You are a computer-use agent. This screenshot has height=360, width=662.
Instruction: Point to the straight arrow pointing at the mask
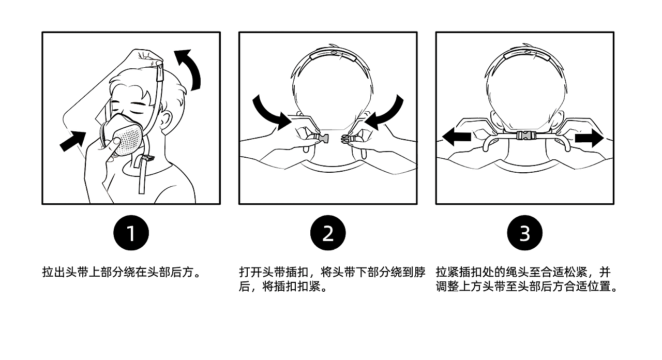pos(73,141)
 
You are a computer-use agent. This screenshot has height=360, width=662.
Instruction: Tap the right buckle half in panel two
pos(346,139)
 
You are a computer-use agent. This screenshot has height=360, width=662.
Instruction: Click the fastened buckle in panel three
pos(524,136)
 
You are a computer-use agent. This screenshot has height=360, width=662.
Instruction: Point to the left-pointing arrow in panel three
pos(457,137)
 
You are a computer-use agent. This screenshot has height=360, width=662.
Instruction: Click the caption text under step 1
pos(121,272)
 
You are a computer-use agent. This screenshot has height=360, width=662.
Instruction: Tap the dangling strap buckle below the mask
pos(147,158)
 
